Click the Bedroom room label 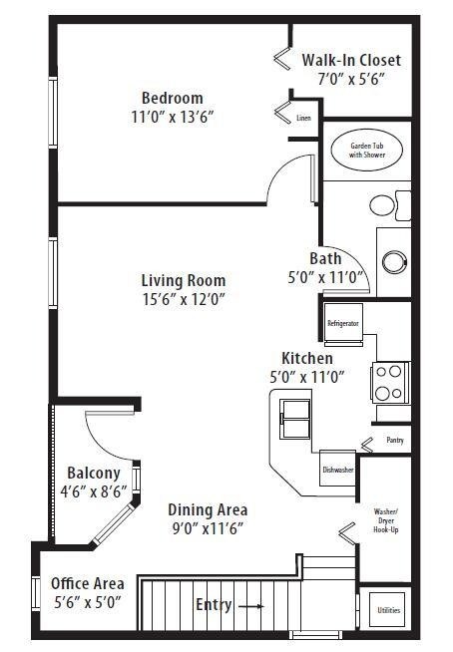173,98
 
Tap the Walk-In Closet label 351,60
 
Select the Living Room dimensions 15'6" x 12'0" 184,298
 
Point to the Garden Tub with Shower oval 367,151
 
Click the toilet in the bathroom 390,205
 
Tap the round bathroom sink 394,262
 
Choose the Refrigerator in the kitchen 343,324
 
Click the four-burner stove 390,383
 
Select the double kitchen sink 295,419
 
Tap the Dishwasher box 337,469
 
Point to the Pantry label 395,440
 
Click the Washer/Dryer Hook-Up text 385,520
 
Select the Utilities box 387,609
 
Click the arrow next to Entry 251,606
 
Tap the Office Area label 88,583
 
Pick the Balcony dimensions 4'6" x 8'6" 94,491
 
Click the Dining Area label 208,509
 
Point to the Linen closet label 303,118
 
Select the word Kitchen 307,359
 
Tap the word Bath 325,258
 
